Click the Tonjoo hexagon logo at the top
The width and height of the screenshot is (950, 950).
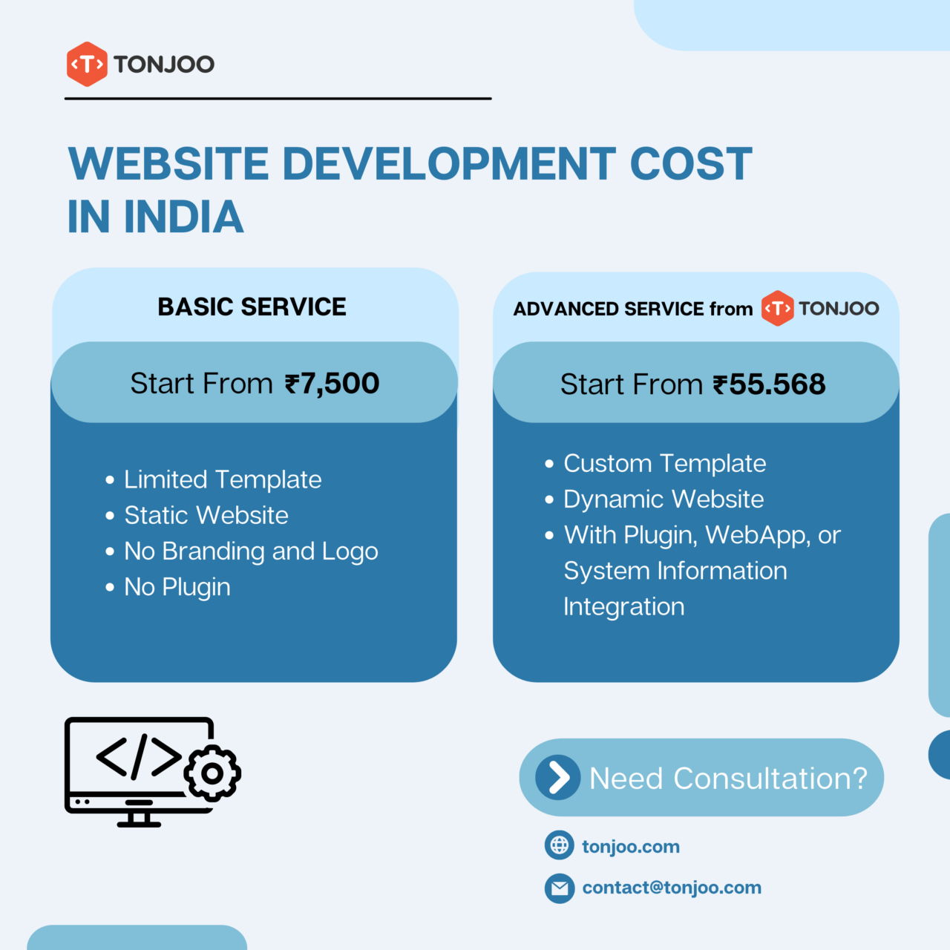coord(87,65)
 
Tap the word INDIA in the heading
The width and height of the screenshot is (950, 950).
coord(183,217)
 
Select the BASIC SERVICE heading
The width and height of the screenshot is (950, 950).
coord(252,307)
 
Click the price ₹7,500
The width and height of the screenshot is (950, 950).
coord(332,384)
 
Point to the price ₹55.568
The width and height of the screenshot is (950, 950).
coord(769,384)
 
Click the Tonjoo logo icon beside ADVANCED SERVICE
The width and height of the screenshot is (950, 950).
coord(777,308)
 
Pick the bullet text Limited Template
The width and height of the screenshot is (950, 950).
coord(223,479)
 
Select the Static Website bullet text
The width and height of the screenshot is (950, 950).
coord(206,515)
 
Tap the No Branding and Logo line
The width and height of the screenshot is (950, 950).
coord(251,551)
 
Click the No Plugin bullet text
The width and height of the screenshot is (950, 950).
coord(177,587)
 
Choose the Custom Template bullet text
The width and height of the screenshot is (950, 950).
coord(665,463)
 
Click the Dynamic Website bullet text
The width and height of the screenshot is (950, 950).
coord(664,499)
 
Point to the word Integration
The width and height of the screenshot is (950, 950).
coord(624,607)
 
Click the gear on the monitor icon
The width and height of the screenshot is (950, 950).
coord(212,773)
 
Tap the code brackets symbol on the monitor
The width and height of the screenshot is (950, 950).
coord(139,757)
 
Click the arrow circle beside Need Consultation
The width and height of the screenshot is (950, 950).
coord(558,778)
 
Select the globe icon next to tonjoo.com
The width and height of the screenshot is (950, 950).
coord(560,845)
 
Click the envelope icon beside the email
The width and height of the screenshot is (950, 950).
coord(560,888)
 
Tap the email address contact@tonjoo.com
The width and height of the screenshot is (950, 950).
coord(672,888)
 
